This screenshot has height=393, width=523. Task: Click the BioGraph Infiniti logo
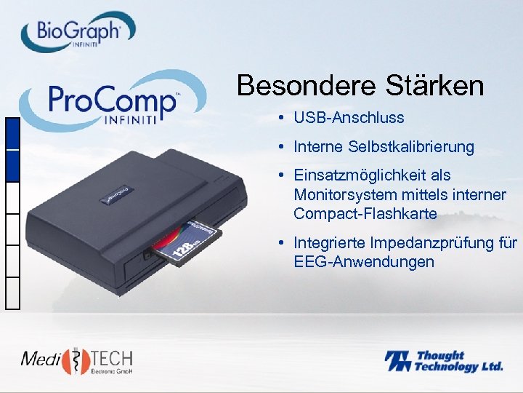coord(78,32)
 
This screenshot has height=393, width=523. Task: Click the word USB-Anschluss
coord(349,117)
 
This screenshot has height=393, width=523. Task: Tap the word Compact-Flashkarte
coord(365,214)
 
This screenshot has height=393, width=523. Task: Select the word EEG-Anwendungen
coord(364,261)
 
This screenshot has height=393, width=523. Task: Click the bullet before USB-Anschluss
coord(280,118)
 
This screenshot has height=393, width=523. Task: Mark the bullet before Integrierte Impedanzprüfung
coord(280,243)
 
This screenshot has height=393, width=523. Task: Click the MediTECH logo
coord(77,360)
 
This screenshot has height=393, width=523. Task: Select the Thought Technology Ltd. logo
coord(443,361)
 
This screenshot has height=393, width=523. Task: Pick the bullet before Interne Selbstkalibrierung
coord(280,148)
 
